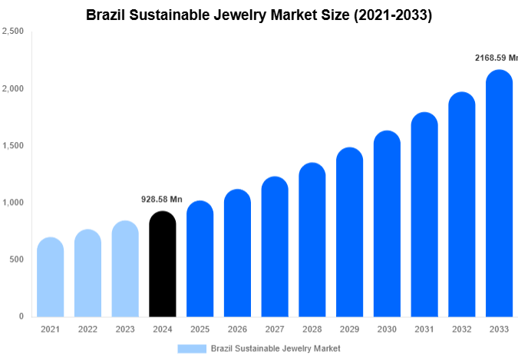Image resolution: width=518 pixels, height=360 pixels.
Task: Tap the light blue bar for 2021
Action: click(x=50, y=278)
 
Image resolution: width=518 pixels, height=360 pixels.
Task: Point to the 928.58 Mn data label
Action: click(x=162, y=200)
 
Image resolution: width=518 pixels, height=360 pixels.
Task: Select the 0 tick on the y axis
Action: click(x=21, y=316)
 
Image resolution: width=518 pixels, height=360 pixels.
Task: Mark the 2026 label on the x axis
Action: click(x=237, y=329)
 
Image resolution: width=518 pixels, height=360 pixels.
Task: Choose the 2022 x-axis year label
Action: click(x=87, y=329)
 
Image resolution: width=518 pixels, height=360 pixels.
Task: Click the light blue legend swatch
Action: click(x=191, y=348)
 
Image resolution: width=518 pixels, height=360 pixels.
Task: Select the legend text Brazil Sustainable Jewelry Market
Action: click(x=275, y=348)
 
